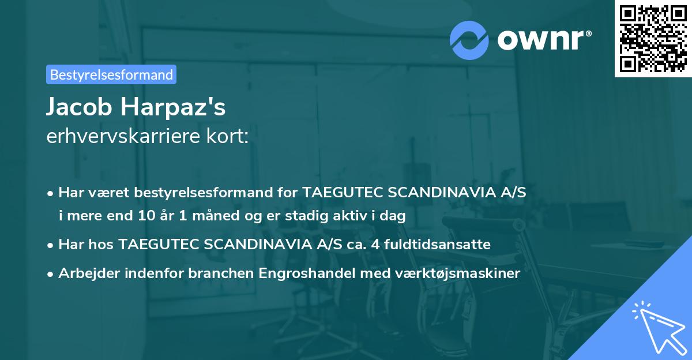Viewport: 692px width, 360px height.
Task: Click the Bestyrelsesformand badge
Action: click(x=111, y=74)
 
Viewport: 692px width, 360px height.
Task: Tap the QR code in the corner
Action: click(x=653, y=38)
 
